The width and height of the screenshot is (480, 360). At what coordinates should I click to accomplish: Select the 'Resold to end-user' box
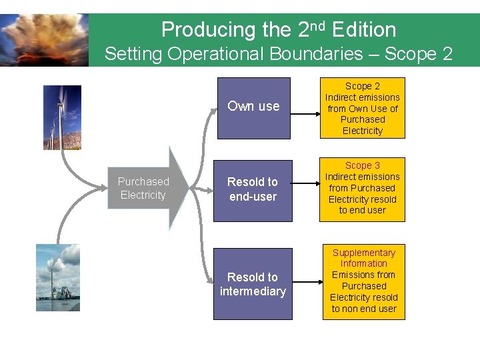(x=253, y=189)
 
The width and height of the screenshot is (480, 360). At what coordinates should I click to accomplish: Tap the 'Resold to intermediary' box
(x=253, y=284)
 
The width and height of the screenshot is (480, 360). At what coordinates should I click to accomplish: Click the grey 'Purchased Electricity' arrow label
(x=143, y=188)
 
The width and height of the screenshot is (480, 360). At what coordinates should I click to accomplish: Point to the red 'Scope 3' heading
(x=363, y=165)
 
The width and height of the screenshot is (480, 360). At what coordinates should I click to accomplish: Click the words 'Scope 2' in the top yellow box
(x=363, y=86)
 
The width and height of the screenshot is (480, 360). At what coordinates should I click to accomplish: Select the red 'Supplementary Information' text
(x=364, y=258)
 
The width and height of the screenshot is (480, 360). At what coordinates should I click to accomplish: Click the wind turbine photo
(x=62, y=117)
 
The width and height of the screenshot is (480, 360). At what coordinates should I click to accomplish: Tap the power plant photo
(x=58, y=277)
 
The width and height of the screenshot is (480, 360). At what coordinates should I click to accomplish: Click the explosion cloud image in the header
(x=44, y=40)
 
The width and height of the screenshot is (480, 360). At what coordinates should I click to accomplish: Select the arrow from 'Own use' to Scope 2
(x=305, y=113)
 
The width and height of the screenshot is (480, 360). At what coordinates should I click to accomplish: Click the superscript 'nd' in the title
(x=317, y=25)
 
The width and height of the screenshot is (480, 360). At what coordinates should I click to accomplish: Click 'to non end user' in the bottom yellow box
(x=364, y=309)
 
